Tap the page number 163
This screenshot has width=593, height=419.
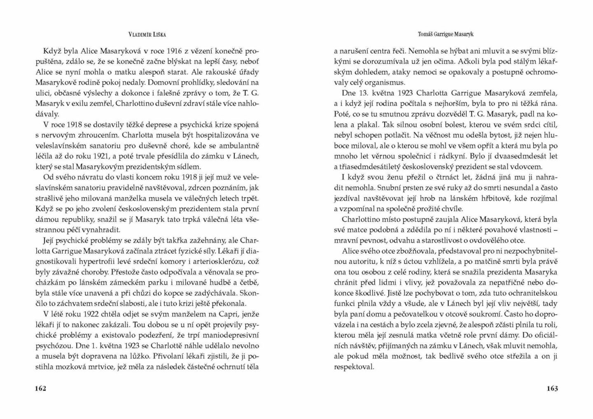coord(552,389)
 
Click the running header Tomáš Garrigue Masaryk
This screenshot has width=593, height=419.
coord(445,34)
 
